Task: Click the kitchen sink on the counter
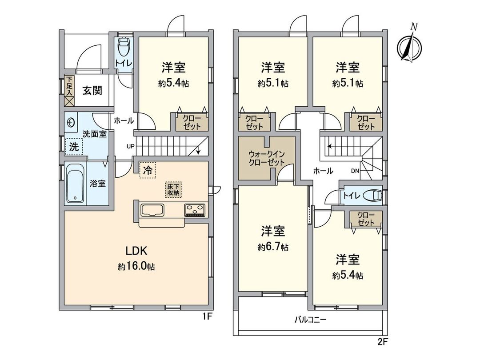click(152, 210)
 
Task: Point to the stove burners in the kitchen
click(195, 210)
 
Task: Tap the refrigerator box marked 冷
click(148, 170)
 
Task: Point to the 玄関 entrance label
click(92, 90)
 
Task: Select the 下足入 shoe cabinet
click(69, 91)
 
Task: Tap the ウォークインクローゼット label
click(266, 158)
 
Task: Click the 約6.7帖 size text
click(273, 248)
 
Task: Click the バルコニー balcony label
click(310, 319)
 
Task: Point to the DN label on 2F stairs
click(355, 171)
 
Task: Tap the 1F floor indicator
click(208, 317)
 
